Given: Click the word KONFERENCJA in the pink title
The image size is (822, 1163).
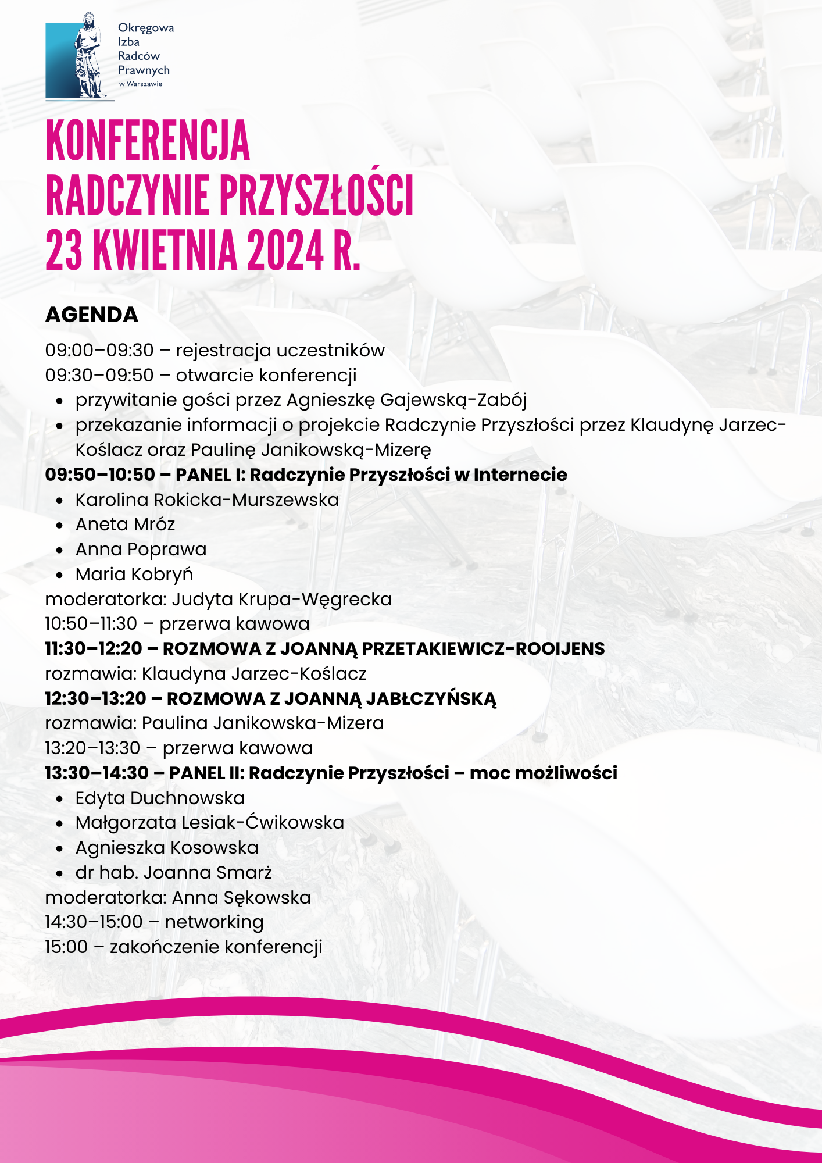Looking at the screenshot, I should [148, 141].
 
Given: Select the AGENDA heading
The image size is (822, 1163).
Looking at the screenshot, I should [92, 315].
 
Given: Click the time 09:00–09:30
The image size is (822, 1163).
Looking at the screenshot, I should [99, 351].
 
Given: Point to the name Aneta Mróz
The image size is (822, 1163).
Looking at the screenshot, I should [125, 525].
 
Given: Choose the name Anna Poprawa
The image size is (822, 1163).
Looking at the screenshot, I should [141, 550].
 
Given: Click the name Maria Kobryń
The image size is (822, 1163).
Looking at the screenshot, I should [134, 575].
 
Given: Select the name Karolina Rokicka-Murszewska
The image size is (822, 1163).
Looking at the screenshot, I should [207, 500].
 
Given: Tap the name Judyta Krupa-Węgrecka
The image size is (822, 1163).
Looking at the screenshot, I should [281, 600].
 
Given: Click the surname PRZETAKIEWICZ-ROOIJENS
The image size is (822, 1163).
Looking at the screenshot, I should [483, 649].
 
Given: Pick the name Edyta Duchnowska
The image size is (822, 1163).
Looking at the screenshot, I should [160, 798].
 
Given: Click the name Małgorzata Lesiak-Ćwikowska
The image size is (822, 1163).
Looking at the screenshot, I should [209, 823].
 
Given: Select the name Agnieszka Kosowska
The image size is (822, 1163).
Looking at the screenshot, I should [167, 848].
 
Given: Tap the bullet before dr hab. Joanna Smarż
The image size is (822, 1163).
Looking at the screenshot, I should [60, 873].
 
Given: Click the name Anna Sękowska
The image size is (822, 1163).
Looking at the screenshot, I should [241, 898].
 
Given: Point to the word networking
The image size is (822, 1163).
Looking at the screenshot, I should [214, 922].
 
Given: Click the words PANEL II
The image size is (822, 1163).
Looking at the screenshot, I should [206, 773].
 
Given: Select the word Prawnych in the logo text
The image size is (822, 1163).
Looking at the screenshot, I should [144, 70].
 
